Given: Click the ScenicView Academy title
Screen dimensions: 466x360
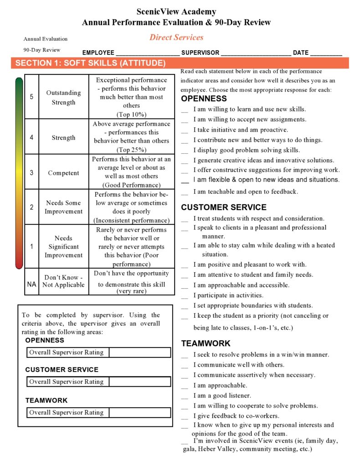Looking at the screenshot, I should coord(176,12).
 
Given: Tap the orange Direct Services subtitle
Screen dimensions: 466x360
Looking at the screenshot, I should coord(176,37).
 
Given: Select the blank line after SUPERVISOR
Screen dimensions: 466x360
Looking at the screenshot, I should coord(256,54).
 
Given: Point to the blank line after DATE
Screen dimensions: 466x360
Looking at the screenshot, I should coord(326,54).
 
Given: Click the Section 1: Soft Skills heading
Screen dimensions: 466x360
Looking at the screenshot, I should coord(90,63).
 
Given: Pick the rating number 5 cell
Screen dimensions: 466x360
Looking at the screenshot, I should coord(31,97).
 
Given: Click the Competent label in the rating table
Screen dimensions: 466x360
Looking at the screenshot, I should coord(63,173).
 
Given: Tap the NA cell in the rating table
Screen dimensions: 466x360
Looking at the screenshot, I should coord(31,284).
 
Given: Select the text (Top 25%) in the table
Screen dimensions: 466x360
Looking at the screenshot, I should coord(131,150).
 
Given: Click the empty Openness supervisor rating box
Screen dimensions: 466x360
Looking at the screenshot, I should coord(139,352).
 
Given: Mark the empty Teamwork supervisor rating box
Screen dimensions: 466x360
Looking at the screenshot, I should coord(139,413).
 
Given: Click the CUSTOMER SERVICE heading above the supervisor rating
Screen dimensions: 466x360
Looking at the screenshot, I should coord(62,370).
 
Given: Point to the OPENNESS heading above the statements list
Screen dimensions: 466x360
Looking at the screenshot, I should coord(204,98).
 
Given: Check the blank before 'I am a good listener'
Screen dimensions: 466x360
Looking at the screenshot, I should coord(185,396).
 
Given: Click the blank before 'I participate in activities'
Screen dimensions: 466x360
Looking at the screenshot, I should coord(185,296).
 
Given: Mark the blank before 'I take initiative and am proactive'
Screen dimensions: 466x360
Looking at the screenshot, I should coord(185,130).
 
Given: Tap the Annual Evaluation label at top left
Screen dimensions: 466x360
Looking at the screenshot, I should coord(46,39).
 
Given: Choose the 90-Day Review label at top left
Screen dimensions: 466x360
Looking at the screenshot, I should coord(42,50).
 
